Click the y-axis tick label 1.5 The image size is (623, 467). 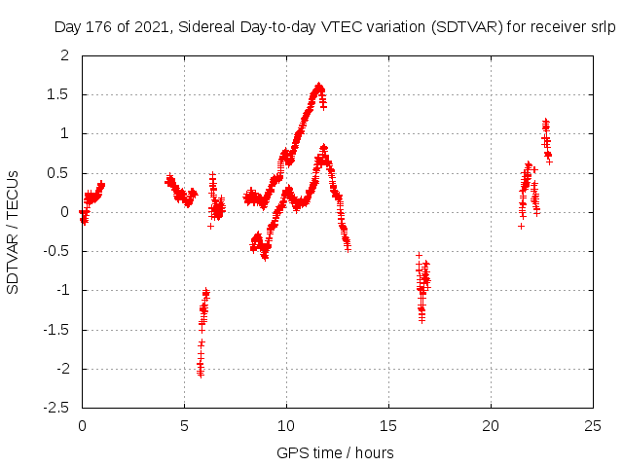click(x=59, y=94)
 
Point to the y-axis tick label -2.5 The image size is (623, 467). click(x=55, y=408)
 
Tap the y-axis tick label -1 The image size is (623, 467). click(x=63, y=290)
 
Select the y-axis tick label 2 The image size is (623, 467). click(x=65, y=55)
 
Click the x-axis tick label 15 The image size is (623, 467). click(x=388, y=425)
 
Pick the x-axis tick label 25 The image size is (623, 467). click(x=592, y=425)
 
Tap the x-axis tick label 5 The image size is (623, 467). click(x=184, y=425)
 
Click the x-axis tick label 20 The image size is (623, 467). click(x=491, y=425)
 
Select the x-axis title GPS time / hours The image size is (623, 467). click(x=335, y=452)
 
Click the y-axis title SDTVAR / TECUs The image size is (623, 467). click(x=13, y=232)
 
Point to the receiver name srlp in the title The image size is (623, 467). click(x=603, y=27)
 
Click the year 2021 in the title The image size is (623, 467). click(x=150, y=27)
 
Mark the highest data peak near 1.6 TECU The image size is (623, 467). click(x=319, y=86)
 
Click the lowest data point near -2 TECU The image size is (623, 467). click(x=200, y=374)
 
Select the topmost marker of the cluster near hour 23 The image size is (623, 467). click(x=545, y=121)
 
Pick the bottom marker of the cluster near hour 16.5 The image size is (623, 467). click(x=421, y=319)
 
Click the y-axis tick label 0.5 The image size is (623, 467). click(x=59, y=172)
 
